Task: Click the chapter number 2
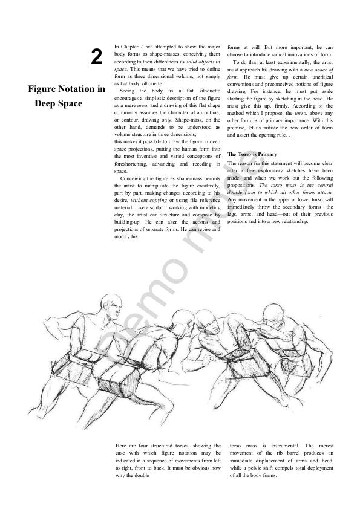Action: (x=96, y=58)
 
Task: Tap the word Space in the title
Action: (x=69, y=103)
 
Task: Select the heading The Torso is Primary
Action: (x=252, y=154)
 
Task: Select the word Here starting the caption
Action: (x=120, y=446)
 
